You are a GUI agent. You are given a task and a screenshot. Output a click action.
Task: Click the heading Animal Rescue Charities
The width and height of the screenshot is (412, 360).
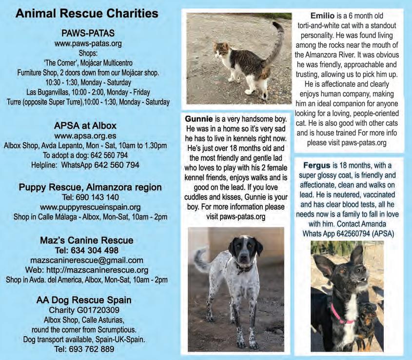[x=86, y=14]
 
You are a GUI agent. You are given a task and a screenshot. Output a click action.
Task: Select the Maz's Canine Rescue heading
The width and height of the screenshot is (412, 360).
[x=87, y=240]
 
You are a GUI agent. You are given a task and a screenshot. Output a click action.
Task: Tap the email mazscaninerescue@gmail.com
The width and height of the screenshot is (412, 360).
[x=87, y=260]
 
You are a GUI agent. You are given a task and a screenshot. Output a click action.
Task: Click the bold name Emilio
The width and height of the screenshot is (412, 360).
[x=323, y=15]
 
